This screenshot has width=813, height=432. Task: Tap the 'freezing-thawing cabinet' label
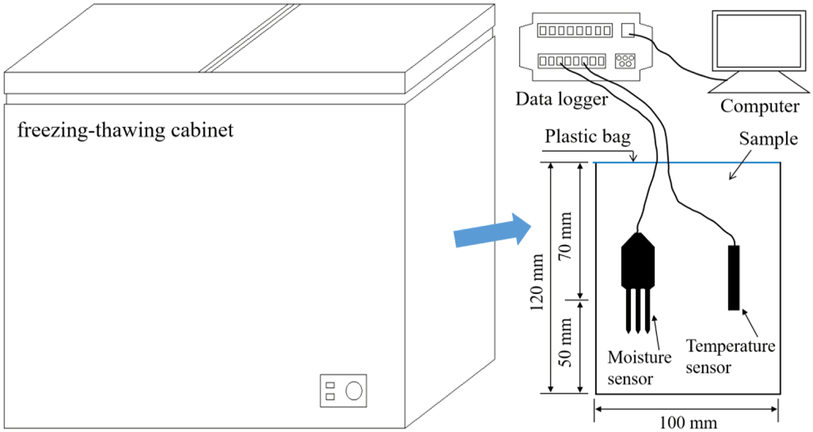[x=126, y=129]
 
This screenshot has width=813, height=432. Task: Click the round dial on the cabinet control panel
[x=354, y=390]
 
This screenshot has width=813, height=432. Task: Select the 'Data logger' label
[x=562, y=99]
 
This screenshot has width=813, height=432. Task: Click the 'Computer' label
[x=760, y=106]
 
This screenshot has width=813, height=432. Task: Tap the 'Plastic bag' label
[x=588, y=137]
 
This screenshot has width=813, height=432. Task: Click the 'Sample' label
[x=768, y=139]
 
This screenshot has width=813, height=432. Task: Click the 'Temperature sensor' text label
[x=730, y=357]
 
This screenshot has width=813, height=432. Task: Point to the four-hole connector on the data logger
[x=625, y=60]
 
